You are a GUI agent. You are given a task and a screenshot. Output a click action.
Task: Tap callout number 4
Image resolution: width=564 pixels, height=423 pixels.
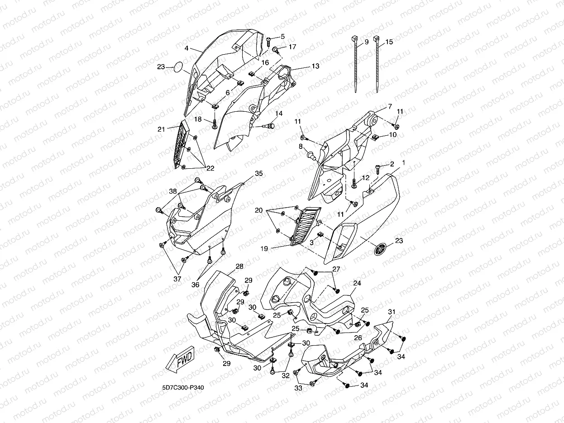[186, 48]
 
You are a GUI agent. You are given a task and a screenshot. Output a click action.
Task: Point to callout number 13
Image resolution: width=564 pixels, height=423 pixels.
[315, 66]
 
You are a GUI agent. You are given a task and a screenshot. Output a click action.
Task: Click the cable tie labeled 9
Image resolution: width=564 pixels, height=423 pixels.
[357, 66]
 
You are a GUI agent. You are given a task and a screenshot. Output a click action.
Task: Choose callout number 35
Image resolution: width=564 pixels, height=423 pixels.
[258, 173]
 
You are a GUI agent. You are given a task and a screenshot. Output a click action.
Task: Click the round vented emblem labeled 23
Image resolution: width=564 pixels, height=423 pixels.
[381, 249]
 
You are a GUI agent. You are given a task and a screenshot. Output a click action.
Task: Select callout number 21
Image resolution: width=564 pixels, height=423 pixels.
[161, 129]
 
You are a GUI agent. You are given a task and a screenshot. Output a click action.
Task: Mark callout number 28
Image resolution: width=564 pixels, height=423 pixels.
[239, 266]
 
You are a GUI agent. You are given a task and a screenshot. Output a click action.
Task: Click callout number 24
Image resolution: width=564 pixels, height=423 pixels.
[357, 283]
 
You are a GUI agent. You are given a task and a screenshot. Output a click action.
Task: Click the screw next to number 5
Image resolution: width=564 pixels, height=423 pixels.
[269, 40]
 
